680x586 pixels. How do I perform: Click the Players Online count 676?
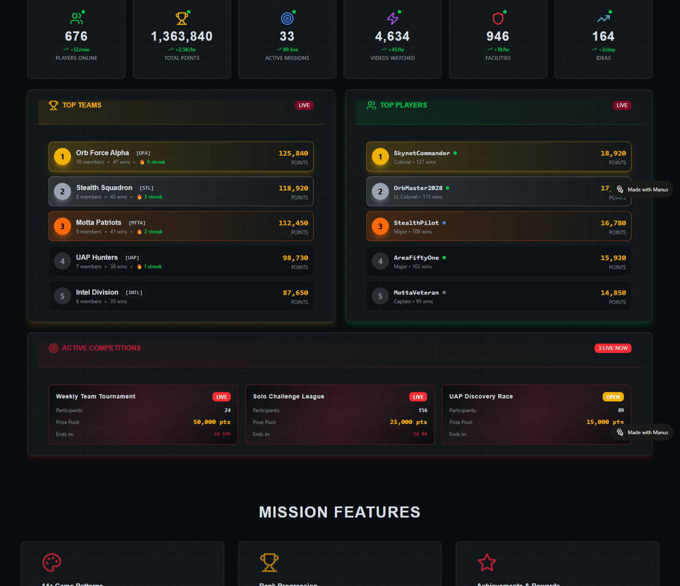pyautogui.click(x=76, y=37)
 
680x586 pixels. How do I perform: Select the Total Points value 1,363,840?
pyautogui.click(x=182, y=37)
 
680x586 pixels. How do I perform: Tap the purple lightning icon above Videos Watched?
pyautogui.click(x=392, y=18)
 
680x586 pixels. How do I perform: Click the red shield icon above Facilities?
pyautogui.click(x=498, y=18)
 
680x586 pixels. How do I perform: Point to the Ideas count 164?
pyautogui.click(x=603, y=37)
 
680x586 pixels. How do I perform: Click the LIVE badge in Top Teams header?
pyautogui.click(x=304, y=106)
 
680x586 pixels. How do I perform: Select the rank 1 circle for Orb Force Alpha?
pyautogui.click(x=62, y=157)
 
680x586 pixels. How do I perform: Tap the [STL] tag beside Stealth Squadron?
pyautogui.click(x=146, y=188)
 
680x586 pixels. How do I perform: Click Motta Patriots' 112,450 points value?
pyautogui.click(x=294, y=223)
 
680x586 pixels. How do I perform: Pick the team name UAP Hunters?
pyautogui.click(x=97, y=258)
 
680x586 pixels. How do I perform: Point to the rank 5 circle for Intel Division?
pyautogui.click(x=62, y=296)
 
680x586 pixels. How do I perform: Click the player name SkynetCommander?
pyautogui.click(x=422, y=153)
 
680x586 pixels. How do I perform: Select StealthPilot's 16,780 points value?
pyautogui.click(x=613, y=223)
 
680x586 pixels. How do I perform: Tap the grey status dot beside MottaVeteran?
pyautogui.click(x=444, y=292)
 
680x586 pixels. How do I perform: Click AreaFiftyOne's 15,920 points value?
pyautogui.click(x=613, y=258)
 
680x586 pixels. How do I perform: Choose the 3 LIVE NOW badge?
pyautogui.click(x=613, y=348)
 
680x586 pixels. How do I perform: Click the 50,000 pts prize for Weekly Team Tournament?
pyautogui.click(x=212, y=422)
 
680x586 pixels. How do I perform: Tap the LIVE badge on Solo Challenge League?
pyautogui.click(x=418, y=397)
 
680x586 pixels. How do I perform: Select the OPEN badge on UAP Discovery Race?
pyautogui.click(x=613, y=397)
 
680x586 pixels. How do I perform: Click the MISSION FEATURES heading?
pyautogui.click(x=340, y=512)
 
